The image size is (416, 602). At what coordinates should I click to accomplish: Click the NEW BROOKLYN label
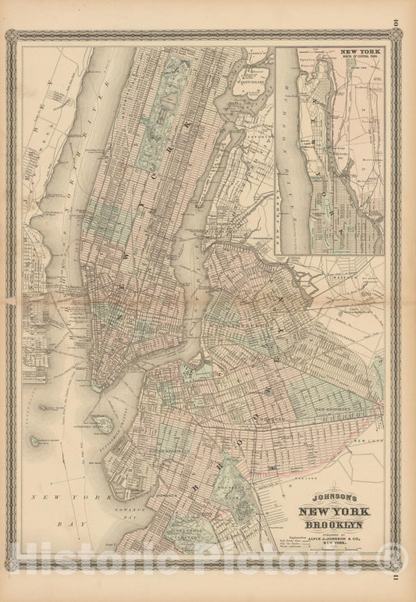(337, 408)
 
